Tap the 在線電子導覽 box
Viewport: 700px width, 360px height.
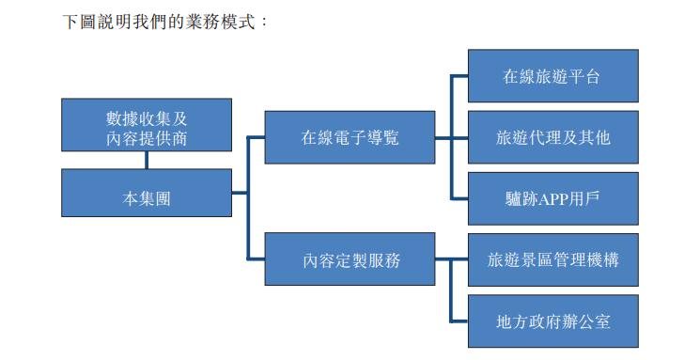coord(350,137)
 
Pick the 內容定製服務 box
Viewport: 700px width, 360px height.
coord(350,259)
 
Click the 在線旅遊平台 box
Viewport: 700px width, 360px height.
coord(552,76)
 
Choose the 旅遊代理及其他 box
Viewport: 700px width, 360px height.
coord(552,137)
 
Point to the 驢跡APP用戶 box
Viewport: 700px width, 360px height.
coord(552,198)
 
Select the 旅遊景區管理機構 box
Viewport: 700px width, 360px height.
coord(552,259)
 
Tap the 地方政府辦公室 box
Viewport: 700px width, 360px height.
coord(552,321)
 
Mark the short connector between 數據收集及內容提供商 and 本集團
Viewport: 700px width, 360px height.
coord(146,161)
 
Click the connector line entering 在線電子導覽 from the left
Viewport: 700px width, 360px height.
coord(256,137)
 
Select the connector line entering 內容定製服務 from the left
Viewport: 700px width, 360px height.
coord(256,259)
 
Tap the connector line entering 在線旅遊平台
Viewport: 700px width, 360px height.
coord(459,76)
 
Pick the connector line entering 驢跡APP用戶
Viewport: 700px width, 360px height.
coord(459,198)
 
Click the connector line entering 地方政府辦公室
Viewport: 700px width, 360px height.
coord(459,321)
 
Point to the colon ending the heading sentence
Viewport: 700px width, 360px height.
coord(265,21)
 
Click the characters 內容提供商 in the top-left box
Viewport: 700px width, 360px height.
coord(146,137)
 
